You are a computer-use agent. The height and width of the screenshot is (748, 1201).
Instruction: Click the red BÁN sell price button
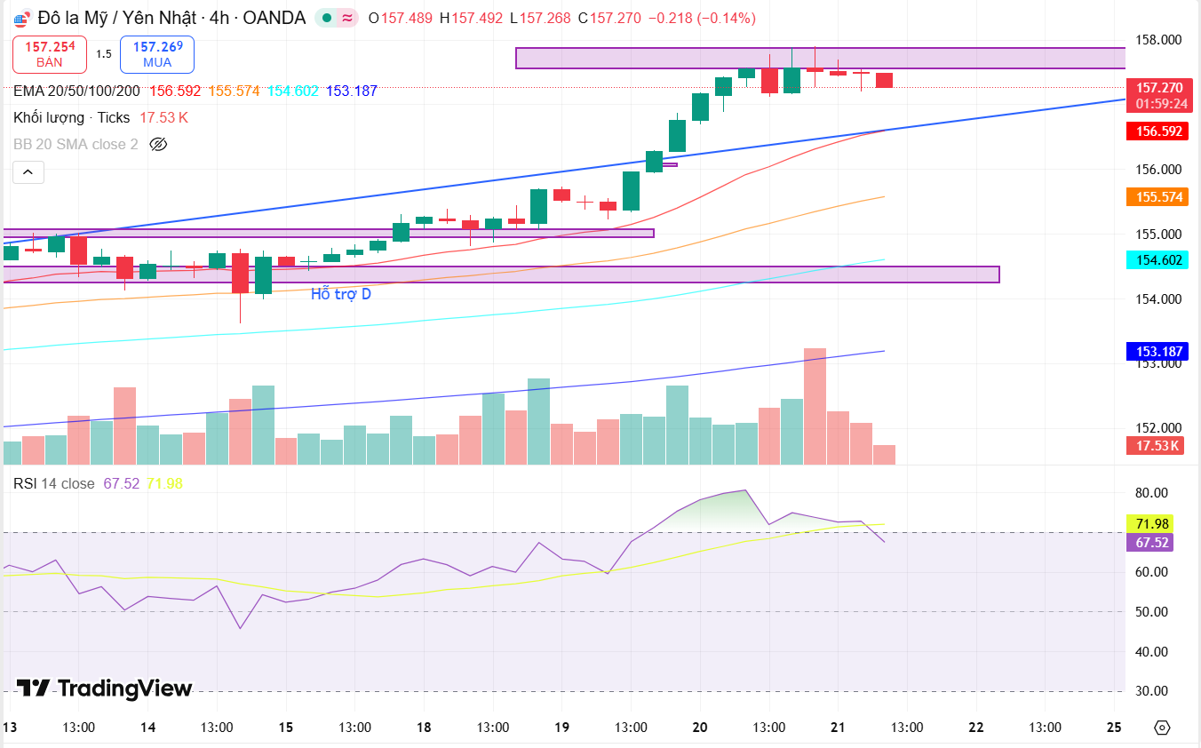pos(50,54)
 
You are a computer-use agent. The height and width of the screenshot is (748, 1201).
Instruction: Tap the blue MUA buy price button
pos(157,54)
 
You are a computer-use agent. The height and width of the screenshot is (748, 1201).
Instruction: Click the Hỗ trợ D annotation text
pos(341,294)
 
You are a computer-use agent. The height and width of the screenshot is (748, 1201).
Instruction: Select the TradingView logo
pos(105,688)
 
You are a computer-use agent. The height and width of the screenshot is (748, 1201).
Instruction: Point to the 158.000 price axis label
pos(1158,40)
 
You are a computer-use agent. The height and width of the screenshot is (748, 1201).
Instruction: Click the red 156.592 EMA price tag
pos(1159,131)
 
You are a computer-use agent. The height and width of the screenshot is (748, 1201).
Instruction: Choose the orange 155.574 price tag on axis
pos(1159,196)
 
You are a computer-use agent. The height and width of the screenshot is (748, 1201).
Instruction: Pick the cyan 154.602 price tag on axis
pos(1159,259)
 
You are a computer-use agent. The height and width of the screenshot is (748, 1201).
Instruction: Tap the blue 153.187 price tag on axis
pos(1159,351)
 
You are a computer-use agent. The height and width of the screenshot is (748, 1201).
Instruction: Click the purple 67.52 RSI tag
pos(1149,542)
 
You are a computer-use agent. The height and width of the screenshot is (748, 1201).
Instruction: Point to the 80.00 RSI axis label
pos(1153,493)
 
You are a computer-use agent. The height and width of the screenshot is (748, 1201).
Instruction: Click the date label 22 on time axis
pos(976,727)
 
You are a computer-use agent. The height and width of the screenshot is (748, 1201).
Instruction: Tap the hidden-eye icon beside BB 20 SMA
pos(158,144)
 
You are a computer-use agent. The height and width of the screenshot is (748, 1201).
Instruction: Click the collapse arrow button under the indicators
pos(28,171)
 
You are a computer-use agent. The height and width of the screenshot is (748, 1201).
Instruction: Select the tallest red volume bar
pos(815,406)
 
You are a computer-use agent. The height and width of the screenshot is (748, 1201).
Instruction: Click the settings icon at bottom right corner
pos(1162,728)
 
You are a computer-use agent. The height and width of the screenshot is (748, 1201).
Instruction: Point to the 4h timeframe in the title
pos(219,18)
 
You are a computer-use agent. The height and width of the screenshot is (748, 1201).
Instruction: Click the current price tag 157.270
pos(1159,87)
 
